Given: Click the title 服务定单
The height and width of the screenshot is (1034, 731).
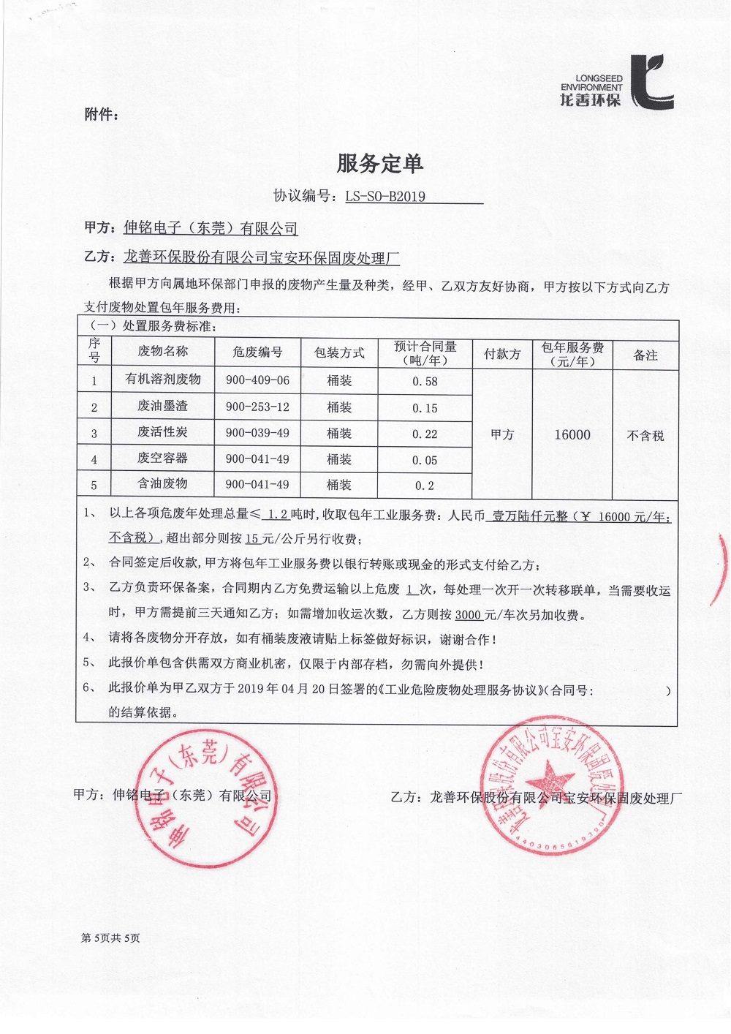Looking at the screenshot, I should pyautogui.click(x=380, y=164).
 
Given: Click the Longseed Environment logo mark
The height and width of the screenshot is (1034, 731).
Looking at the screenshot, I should pyautogui.click(x=651, y=82).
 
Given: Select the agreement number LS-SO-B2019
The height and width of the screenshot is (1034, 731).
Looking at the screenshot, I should pyautogui.click(x=385, y=196).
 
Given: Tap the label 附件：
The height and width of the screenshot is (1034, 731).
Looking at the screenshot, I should pyautogui.click(x=101, y=115).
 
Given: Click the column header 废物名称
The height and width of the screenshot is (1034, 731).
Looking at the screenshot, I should pyautogui.click(x=162, y=352).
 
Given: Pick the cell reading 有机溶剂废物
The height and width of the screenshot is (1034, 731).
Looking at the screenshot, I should pyautogui.click(x=162, y=380).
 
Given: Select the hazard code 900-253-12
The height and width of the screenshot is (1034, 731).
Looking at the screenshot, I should pyautogui.click(x=257, y=407).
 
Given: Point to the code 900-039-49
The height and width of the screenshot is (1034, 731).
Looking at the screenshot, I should pyautogui.click(x=257, y=433).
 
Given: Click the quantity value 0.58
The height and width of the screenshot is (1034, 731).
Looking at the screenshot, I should pyautogui.click(x=425, y=381).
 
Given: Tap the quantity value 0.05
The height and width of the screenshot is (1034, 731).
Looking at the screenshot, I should pyautogui.click(x=425, y=460).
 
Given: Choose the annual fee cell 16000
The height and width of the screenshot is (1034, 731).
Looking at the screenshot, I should pyautogui.click(x=572, y=435).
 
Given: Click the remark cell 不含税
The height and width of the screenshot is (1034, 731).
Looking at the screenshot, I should pyautogui.click(x=645, y=436).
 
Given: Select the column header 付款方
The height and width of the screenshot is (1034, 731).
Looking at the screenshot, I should pyautogui.click(x=502, y=355).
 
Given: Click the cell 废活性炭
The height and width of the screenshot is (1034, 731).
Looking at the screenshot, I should pyautogui.click(x=162, y=432).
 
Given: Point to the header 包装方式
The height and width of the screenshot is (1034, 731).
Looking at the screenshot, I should pyautogui.click(x=339, y=352).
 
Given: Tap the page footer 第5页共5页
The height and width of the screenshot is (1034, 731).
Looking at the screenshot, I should pyautogui.click(x=110, y=937).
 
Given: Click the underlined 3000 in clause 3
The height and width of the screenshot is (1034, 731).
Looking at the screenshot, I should pyautogui.click(x=469, y=615).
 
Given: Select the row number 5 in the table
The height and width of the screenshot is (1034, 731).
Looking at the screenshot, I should pyautogui.click(x=94, y=485).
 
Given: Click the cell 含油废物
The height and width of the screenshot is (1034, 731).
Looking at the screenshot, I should pyautogui.click(x=162, y=483).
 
